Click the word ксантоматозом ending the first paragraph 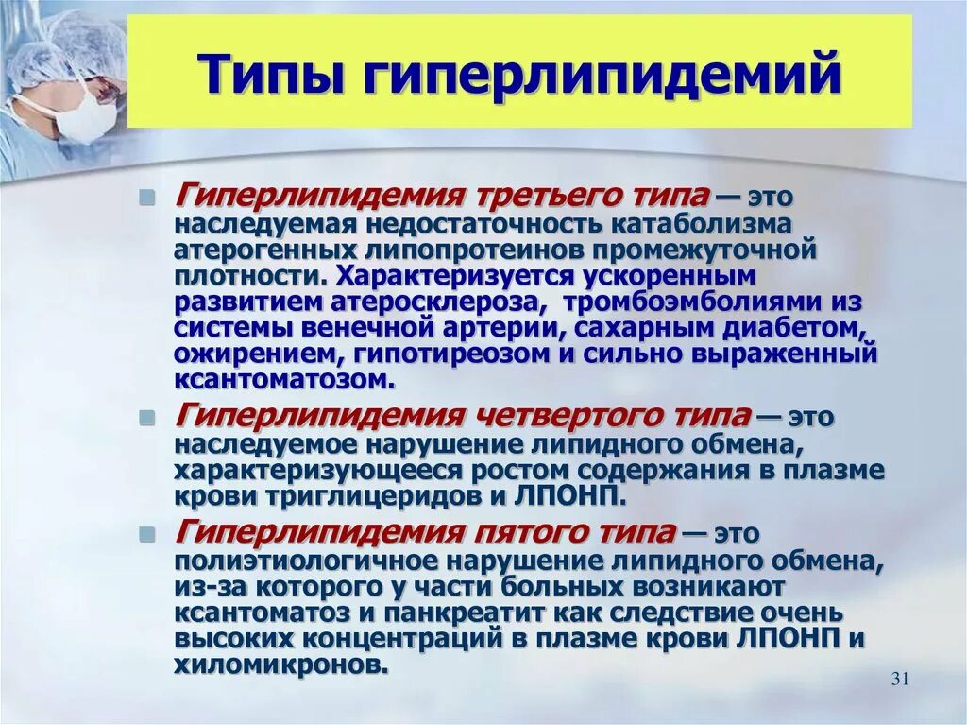[x=281, y=379]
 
